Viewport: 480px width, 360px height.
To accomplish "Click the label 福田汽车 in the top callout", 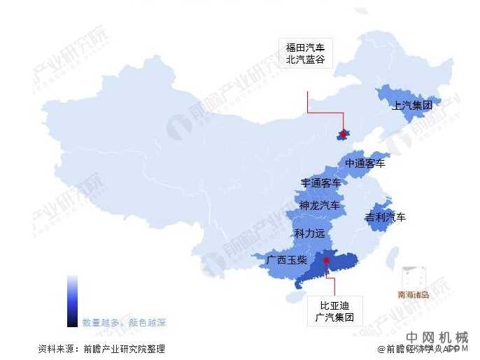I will (306, 48).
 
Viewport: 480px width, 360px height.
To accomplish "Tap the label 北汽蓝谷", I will (306, 60).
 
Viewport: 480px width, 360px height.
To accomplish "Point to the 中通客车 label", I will (365, 164).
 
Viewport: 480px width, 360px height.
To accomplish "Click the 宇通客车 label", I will (321, 183).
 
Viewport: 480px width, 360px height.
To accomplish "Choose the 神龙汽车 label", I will (319, 206).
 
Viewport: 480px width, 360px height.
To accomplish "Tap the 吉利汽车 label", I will (386, 217).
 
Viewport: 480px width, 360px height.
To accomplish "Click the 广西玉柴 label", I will (286, 260).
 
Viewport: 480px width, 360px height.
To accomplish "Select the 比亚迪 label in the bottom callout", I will (334, 305).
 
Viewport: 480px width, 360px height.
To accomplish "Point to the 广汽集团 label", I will (334, 317).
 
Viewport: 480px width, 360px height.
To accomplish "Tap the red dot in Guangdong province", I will (327, 261).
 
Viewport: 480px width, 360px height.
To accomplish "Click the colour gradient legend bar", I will (72, 301).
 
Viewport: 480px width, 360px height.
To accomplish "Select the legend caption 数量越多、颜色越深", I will (124, 323).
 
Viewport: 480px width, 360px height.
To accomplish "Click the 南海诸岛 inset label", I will (413, 294).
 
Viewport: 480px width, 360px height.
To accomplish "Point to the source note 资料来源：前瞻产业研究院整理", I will (101, 348).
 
